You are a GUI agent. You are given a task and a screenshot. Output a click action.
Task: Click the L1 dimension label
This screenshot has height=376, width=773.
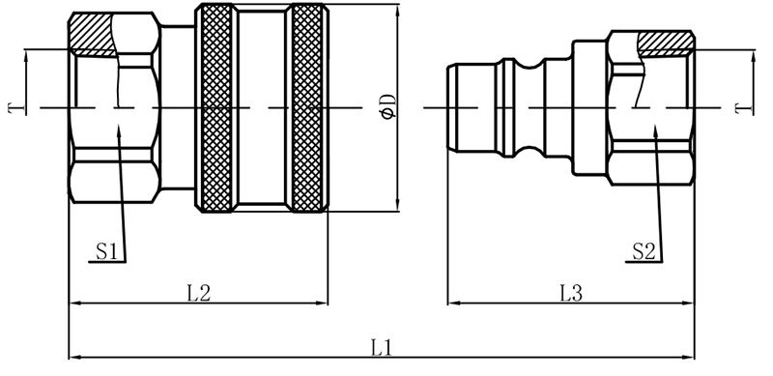tap(381, 345)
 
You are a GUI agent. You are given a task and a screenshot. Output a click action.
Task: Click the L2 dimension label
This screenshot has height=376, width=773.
tap(198, 292)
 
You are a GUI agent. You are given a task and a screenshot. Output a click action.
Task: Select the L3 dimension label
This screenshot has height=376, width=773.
tap(571, 292)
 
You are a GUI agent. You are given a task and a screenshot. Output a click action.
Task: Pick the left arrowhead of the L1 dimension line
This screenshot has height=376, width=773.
tap(73, 357)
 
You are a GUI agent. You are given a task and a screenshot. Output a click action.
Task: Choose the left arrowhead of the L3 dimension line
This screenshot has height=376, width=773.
tap(451, 304)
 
